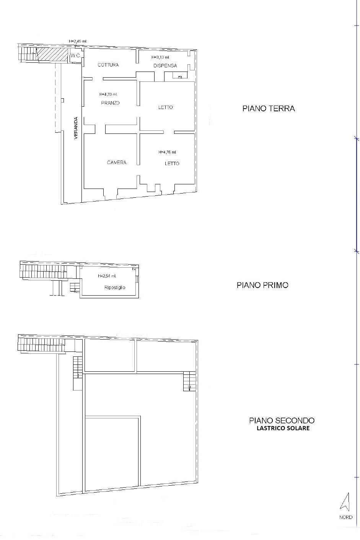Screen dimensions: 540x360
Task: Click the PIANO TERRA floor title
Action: [x=269, y=109]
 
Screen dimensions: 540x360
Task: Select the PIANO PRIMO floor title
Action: [x=262, y=285]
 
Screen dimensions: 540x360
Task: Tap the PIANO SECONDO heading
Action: [x=282, y=421]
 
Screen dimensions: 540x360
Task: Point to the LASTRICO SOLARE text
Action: [x=283, y=428]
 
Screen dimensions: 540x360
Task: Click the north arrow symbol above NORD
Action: [x=346, y=502]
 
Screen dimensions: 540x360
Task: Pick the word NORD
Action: [x=346, y=517]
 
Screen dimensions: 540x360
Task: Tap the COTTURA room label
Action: [x=108, y=65]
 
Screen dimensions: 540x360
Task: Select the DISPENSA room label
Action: [x=165, y=66]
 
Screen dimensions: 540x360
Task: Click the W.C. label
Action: [x=75, y=56]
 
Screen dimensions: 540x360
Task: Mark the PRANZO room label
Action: [x=110, y=103]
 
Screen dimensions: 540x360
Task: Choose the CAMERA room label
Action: [x=117, y=163]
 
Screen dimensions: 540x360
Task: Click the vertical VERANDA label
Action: [x=76, y=128]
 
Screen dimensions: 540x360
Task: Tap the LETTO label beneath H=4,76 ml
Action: [x=172, y=164]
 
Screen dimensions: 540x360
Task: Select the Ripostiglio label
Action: [x=115, y=288]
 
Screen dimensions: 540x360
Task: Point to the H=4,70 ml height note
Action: [x=108, y=94]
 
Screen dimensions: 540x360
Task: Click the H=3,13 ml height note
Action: [x=160, y=57]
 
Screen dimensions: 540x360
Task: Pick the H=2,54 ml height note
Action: [x=107, y=276]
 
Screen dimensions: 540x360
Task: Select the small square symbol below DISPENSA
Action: [x=180, y=77]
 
